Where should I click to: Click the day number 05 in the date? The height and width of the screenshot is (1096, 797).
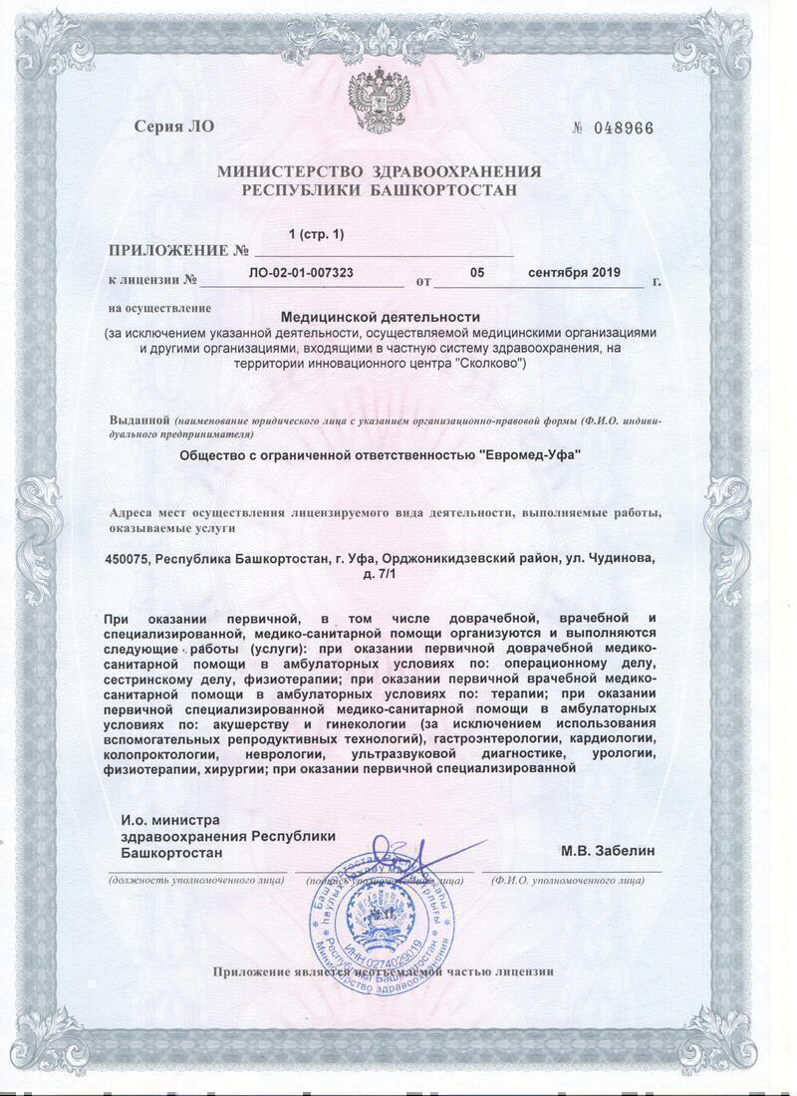(477, 271)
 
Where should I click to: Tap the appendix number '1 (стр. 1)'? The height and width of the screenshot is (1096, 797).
(315, 234)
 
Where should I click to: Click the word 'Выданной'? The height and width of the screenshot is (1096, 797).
(138, 420)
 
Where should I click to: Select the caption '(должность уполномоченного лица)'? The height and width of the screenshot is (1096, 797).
(195, 881)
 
